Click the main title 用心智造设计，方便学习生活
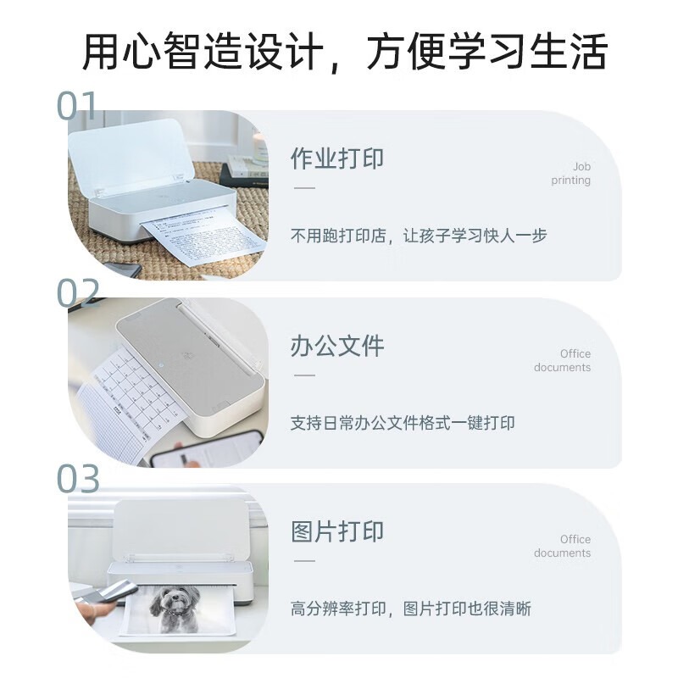(344, 52)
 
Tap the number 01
(77, 107)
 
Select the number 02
(79, 292)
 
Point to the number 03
(79, 479)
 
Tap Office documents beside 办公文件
(563, 360)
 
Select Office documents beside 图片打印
(563, 546)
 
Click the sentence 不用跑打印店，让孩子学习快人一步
(419, 236)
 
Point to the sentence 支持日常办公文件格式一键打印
(403, 422)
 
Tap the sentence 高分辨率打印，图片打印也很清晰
(411, 609)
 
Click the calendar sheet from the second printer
(127, 398)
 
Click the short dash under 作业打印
(303, 187)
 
